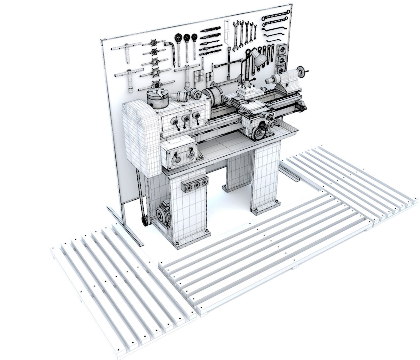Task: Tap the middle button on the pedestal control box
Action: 197,185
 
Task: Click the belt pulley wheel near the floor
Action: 145,221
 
